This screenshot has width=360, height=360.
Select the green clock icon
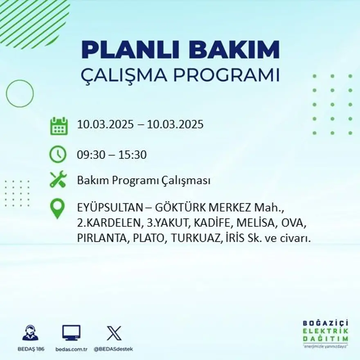[58, 155]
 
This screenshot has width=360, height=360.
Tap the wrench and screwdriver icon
[58, 180]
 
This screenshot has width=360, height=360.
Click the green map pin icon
[58, 209]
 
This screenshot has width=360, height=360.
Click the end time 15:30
[132, 155]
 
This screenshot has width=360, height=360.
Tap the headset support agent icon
[30, 333]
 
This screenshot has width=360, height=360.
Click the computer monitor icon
[71, 333]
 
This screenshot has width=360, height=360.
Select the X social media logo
[114, 333]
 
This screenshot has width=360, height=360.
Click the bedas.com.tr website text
[72, 349]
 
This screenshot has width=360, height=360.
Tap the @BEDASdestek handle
[113, 349]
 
